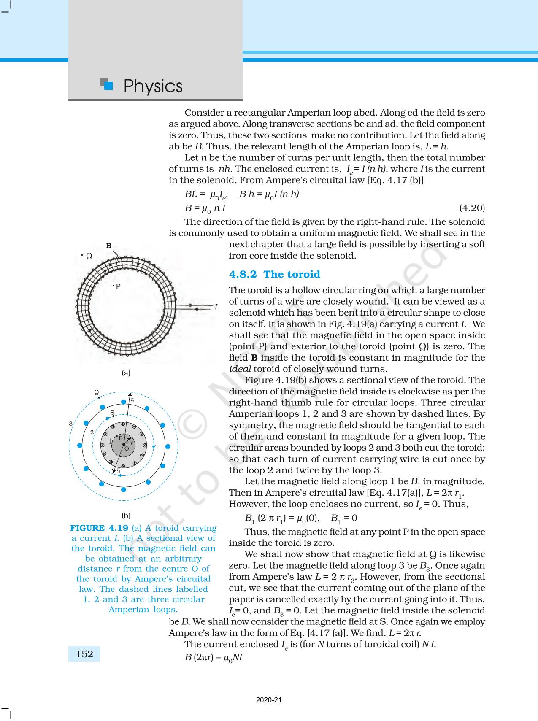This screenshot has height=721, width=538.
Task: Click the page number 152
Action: click(84, 654)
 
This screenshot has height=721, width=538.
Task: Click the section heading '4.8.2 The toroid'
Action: click(274, 274)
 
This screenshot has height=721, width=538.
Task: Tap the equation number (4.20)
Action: click(472, 208)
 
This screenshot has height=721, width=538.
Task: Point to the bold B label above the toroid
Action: click(108, 246)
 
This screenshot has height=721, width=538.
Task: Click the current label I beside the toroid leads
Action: click(216, 307)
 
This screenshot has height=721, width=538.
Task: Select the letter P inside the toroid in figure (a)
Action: click(118, 286)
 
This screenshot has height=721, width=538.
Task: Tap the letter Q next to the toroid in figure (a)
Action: click(89, 256)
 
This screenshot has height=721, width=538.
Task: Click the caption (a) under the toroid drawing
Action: click(126, 373)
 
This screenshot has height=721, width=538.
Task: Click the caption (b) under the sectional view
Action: click(126, 516)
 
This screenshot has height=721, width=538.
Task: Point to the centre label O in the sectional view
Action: click(127, 449)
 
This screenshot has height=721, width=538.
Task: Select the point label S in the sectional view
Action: click(112, 413)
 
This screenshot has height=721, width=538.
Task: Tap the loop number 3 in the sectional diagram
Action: click(71, 424)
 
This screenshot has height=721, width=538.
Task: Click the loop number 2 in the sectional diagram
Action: click(92, 432)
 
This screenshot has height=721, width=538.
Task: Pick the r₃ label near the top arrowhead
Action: click(132, 400)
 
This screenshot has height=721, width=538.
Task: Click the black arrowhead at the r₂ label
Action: click(114, 470)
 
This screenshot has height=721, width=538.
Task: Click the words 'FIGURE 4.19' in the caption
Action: click(99, 528)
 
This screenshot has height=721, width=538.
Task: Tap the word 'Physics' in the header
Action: click(153, 86)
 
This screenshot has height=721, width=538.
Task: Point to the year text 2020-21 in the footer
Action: click(269, 700)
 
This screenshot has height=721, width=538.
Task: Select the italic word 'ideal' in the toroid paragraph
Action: click(240, 369)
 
